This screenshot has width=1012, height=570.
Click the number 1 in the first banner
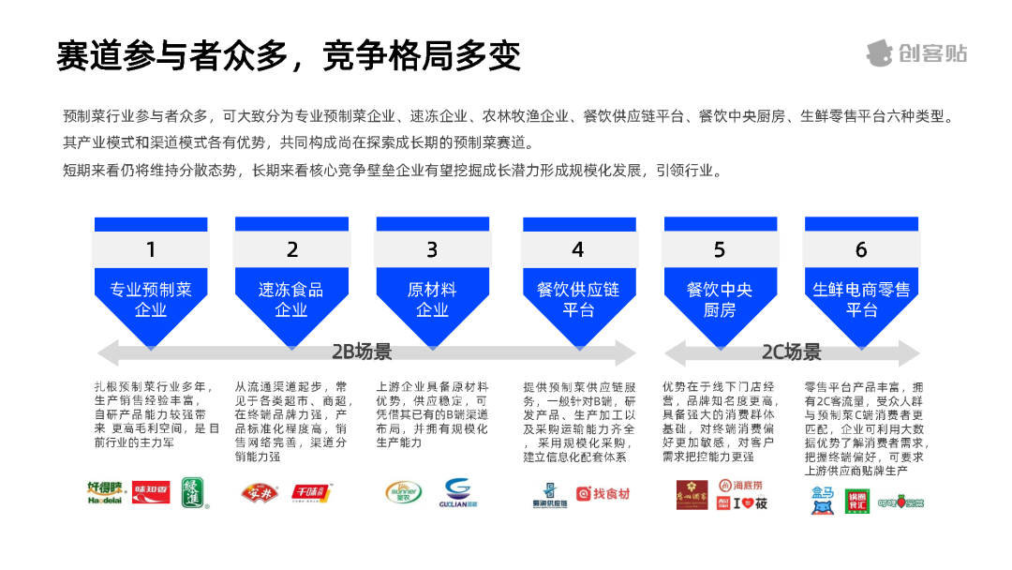(151, 249)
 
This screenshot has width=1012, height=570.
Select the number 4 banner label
(578, 249)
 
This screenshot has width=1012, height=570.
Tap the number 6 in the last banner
(861, 249)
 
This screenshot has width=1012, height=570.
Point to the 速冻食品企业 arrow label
(291, 299)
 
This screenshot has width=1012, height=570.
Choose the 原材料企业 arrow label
(432, 299)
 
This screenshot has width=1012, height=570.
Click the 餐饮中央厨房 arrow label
(720, 299)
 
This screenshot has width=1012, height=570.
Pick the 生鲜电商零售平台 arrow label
(861, 299)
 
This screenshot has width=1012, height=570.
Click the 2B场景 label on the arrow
(363, 352)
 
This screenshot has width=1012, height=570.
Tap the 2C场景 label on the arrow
(791, 352)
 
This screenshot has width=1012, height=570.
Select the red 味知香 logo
(151, 490)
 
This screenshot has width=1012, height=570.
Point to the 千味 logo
(312, 492)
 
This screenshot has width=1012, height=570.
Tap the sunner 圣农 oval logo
(404, 492)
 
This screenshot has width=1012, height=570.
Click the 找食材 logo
(603, 493)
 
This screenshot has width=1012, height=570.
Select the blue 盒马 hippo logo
(823, 500)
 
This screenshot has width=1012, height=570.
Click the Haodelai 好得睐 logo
(106, 490)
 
